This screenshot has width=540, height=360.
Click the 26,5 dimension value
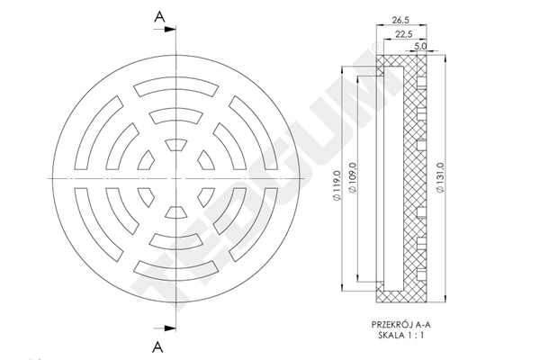pos(400,21)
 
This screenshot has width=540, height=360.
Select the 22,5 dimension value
pos(404,34)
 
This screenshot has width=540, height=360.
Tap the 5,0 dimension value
pos(420,46)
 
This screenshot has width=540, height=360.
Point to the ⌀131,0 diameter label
pos(441,178)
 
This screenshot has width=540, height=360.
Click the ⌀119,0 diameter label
pos(337,185)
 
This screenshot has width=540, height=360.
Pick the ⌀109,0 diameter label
pos(353,178)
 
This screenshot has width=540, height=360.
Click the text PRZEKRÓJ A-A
pos(401,325)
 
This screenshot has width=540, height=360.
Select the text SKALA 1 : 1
pos(401,335)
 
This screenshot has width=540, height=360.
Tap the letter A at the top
pos(159,16)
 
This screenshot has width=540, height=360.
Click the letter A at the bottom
pos(157,346)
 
